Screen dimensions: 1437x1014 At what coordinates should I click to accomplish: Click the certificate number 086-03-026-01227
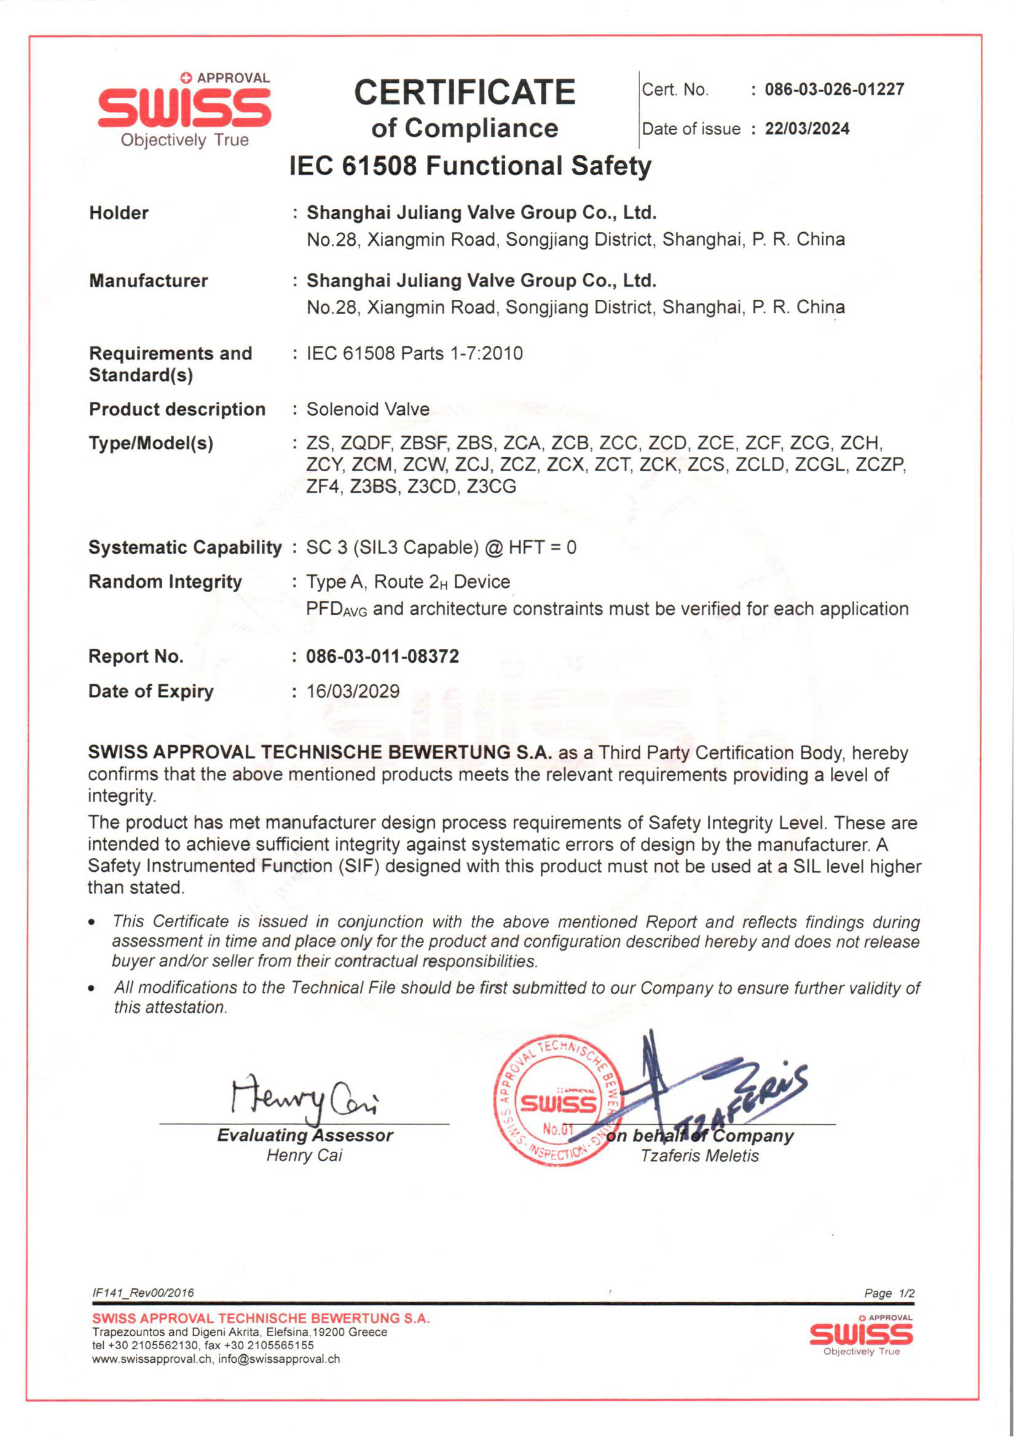tap(834, 90)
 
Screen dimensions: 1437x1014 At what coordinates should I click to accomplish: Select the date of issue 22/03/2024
tap(807, 129)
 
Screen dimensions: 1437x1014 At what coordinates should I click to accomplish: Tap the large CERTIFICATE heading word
tap(465, 92)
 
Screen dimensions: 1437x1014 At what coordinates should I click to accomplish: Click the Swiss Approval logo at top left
tap(184, 110)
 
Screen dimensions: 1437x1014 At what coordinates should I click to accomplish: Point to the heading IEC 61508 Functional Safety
tap(470, 166)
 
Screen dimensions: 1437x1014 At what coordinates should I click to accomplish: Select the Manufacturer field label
tap(148, 280)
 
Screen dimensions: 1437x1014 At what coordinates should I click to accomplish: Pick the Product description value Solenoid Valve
tap(367, 409)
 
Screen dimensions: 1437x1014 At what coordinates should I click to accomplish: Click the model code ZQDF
tap(366, 443)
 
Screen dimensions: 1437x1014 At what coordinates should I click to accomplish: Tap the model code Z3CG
tap(492, 487)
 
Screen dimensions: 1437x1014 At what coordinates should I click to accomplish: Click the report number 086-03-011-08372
tap(382, 657)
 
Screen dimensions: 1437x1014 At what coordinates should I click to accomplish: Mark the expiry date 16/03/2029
tap(353, 692)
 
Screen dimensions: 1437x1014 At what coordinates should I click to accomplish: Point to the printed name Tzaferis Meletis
tap(699, 1156)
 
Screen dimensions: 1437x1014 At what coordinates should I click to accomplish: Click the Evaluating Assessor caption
tap(305, 1135)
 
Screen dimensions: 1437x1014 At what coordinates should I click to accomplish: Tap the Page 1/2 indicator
tap(889, 1293)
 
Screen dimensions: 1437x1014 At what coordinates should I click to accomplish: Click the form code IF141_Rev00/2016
tap(143, 1293)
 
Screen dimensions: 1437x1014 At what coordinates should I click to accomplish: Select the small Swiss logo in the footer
tap(861, 1336)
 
